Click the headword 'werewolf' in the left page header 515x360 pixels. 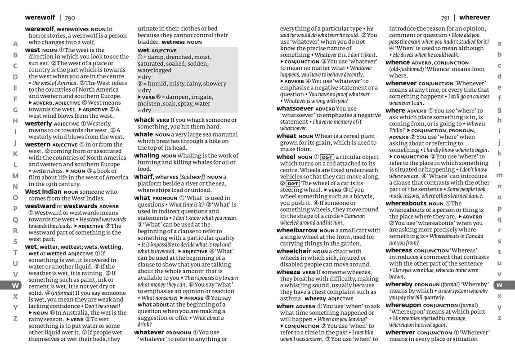[x=40, y=18]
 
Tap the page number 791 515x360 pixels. [x=445, y=18]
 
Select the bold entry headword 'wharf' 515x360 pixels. [x=143, y=177]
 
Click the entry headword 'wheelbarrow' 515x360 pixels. [x=297, y=230]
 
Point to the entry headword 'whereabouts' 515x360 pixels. [x=406, y=203]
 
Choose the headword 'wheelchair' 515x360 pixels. [x=294, y=251]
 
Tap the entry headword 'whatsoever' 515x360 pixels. [x=295, y=108]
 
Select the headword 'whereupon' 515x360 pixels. [x=403, y=305]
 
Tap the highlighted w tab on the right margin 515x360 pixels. [x=499, y=285]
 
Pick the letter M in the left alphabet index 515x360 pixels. [x=15, y=176]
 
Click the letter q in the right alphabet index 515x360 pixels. [x=499, y=219]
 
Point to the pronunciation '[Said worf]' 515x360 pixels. [x=192, y=177]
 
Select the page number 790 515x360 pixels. [x=70, y=18]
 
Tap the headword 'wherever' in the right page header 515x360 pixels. [x=475, y=18]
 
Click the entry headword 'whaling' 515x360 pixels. [x=147, y=156]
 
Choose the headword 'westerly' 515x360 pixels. [x=38, y=123]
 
